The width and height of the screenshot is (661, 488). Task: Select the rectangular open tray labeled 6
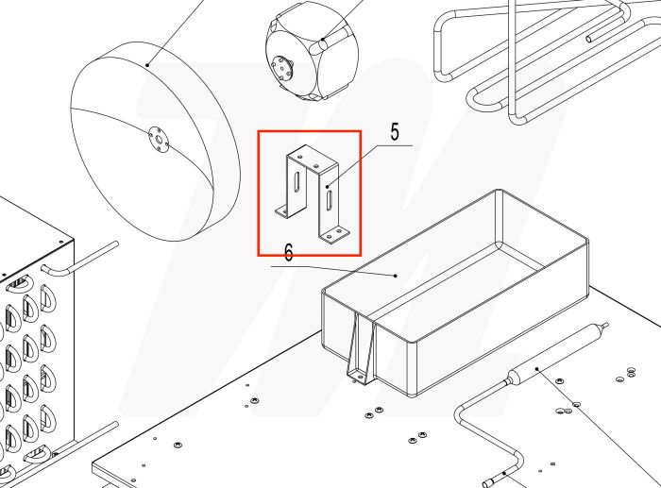453,293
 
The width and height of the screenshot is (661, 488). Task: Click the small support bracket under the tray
360,349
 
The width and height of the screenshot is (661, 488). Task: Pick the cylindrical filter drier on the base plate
552,354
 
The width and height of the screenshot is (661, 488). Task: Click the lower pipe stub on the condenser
80,444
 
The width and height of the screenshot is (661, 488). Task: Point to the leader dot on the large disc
149,65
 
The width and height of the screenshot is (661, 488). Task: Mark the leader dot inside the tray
396,276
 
